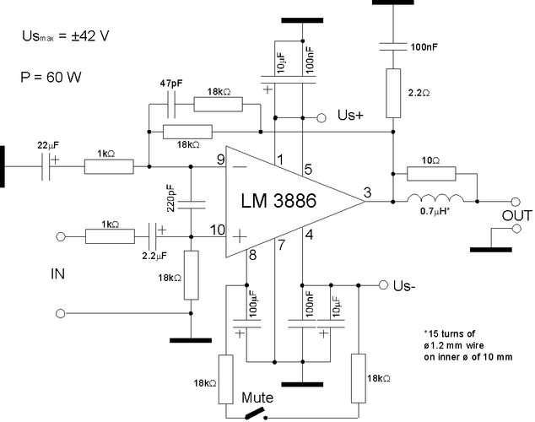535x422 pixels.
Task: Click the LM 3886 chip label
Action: point(285,203)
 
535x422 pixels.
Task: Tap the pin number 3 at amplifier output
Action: point(367,193)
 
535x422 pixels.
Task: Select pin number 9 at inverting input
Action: point(220,158)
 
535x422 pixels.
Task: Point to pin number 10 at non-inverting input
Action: point(217,230)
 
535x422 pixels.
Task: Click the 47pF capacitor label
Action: point(170,84)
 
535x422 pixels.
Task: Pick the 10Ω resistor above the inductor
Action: point(430,174)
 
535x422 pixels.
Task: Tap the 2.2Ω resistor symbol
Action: point(393,94)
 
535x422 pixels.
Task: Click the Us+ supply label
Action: point(350,115)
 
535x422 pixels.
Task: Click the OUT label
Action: point(516,216)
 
